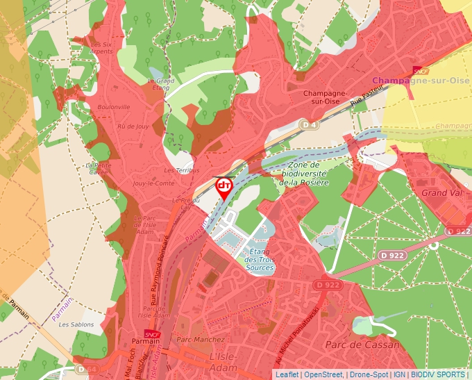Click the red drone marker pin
coord(224,188)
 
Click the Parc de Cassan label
coord(362,345)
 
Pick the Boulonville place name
coord(114,107)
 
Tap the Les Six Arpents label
coord(101,47)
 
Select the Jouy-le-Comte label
coord(153,183)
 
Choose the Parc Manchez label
coord(201,340)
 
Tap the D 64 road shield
coord(83,369)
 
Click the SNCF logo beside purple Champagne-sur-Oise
coord(421,71)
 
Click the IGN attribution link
coord(399,374)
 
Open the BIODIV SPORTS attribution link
coord(438,374)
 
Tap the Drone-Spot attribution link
coord(368,374)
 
